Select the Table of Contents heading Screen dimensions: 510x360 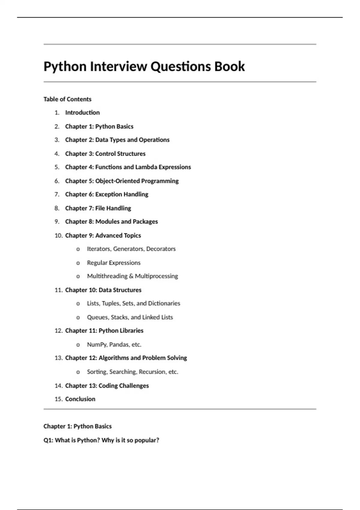[x=67, y=99]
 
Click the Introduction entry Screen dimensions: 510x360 [x=82, y=113]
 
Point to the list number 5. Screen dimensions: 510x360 [x=57, y=167]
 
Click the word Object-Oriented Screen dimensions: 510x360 [x=117, y=181]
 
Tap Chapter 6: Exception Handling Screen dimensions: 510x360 [x=106, y=194]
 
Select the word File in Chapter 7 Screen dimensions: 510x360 [x=100, y=208]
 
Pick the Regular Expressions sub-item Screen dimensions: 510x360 [x=114, y=263]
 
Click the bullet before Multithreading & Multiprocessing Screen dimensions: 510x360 [x=78, y=276]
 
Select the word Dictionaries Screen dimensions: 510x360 [x=164, y=304]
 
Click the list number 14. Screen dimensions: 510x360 [x=58, y=386]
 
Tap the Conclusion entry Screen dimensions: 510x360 [x=80, y=399]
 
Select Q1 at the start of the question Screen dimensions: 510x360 [x=48, y=440]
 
